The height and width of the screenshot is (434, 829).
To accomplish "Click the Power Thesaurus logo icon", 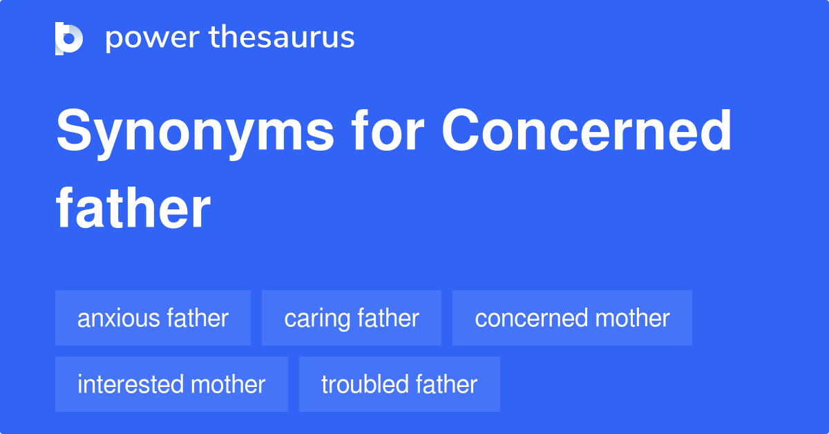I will (69, 38).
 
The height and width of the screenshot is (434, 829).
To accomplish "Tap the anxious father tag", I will (153, 319).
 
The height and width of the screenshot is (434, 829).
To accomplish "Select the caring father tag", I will (351, 319).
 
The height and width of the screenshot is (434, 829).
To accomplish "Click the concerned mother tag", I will (572, 319).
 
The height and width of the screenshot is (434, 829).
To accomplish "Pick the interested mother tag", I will (171, 384).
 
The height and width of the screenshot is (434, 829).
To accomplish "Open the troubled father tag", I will (399, 384).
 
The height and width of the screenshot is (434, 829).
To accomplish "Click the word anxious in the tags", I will (120, 319).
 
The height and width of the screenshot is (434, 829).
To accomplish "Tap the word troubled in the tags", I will (365, 384).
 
